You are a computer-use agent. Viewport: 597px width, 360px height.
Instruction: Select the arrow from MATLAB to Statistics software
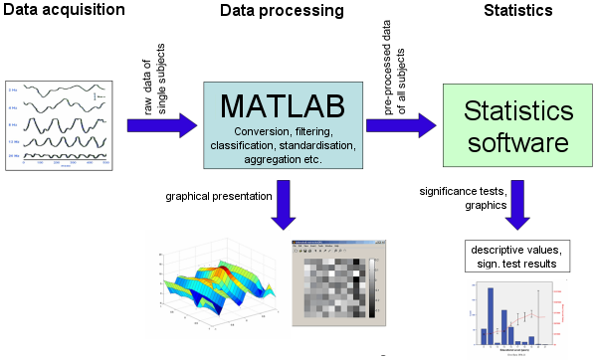411,124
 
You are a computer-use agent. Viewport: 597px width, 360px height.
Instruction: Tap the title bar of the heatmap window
338,245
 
